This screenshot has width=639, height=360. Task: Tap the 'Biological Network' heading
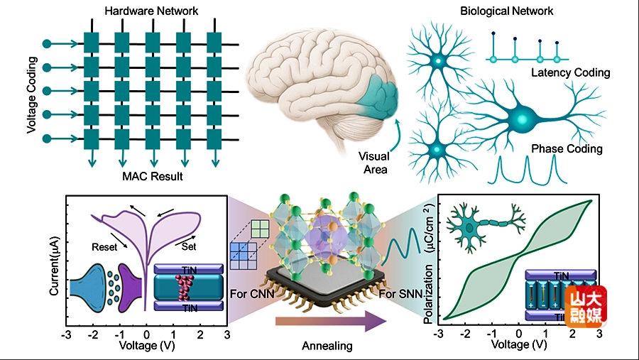[x=506, y=11]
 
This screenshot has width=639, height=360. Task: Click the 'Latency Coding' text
[x=570, y=72]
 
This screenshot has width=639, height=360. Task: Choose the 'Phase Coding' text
[x=567, y=149]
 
